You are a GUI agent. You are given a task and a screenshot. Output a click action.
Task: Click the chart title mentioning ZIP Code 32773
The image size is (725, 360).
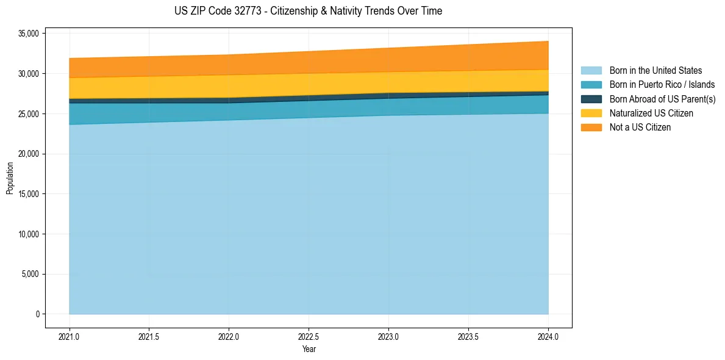[x=308, y=11]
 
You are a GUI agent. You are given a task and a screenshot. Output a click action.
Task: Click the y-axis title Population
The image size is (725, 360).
[x=10, y=178]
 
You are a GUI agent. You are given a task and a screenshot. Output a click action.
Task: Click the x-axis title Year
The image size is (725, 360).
[x=309, y=350]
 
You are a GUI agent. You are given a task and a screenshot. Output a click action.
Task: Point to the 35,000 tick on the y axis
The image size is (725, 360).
[x=29, y=34]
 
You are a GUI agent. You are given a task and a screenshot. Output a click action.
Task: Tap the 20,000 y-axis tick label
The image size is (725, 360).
[x=29, y=154]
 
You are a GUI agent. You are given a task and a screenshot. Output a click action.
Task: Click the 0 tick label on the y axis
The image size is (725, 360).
[x=38, y=314]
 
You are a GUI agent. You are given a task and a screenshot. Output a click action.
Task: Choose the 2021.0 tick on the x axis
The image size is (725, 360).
[x=70, y=336]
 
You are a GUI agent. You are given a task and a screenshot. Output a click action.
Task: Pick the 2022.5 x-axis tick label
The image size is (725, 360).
[x=309, y=336]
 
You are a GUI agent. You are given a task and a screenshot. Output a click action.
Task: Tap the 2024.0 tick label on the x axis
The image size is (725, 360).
[x=549, y=336]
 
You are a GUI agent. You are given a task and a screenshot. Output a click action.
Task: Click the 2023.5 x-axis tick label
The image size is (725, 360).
[x=468, y=336]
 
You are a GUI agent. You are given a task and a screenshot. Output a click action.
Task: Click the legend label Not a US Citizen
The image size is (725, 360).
[x=640, y=128]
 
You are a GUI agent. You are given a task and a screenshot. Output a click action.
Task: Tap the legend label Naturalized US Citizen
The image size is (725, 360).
[x=651, y=113]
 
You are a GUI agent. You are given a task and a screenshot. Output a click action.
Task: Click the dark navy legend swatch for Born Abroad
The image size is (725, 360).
[x=591, y=99]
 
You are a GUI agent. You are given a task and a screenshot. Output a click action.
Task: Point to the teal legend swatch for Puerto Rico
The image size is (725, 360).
[x=591, y=85]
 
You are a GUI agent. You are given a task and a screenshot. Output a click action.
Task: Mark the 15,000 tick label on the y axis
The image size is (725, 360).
[x=29, y=194]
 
